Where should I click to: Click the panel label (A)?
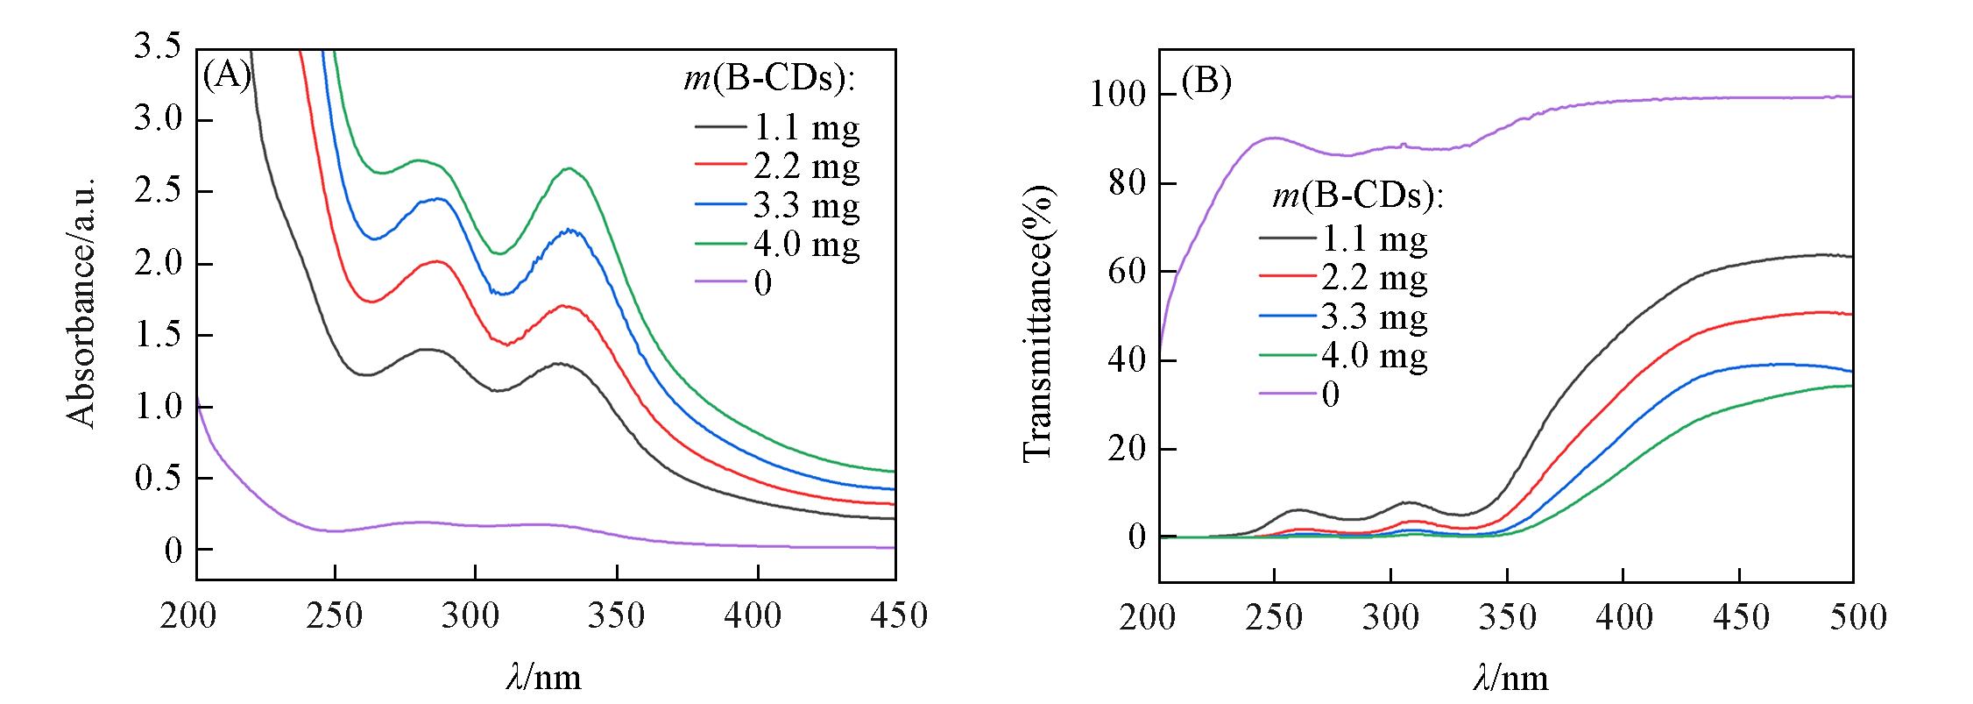click(x=227, y=77)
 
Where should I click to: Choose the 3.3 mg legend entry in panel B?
click(x=1374, y=316)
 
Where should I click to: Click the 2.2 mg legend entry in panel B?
click(x=1374, y=278)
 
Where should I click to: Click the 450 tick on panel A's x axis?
click(x=895, y=615)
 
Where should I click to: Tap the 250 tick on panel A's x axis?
click(x=335, y=615)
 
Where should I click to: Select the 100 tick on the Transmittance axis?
click(x=1117, y=95)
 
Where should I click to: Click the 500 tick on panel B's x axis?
click(x=1852, y=617)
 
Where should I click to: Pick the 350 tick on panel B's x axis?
click(x=1506, y=617)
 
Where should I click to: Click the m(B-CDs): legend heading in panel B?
click(x=1357, y=198)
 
